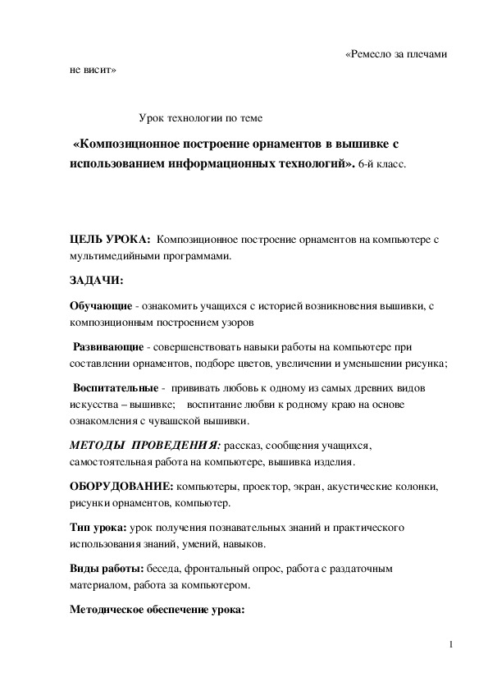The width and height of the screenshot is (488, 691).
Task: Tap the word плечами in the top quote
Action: pos(429,55)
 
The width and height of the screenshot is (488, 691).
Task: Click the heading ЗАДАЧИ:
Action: pos(96,281)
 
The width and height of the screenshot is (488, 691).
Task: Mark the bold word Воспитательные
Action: pos(113,387)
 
